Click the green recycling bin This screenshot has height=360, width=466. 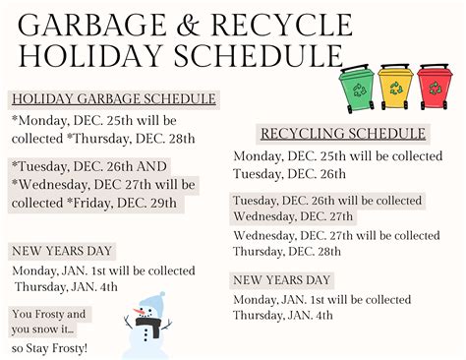357,88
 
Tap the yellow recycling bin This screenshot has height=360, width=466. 395,87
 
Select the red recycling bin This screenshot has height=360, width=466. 435,87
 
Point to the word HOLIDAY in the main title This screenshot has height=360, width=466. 90,56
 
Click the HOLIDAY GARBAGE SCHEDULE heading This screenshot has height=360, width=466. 114,99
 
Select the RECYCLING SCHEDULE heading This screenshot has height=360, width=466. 343,134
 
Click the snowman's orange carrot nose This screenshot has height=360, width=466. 140,311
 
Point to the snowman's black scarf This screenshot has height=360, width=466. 149,326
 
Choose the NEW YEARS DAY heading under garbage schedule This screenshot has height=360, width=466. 62,251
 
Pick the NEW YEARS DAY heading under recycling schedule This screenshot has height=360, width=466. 282,280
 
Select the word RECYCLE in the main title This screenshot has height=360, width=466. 282,26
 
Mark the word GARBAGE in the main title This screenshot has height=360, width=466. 92,26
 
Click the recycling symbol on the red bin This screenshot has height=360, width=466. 435,88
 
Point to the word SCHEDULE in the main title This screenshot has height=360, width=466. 259,56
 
